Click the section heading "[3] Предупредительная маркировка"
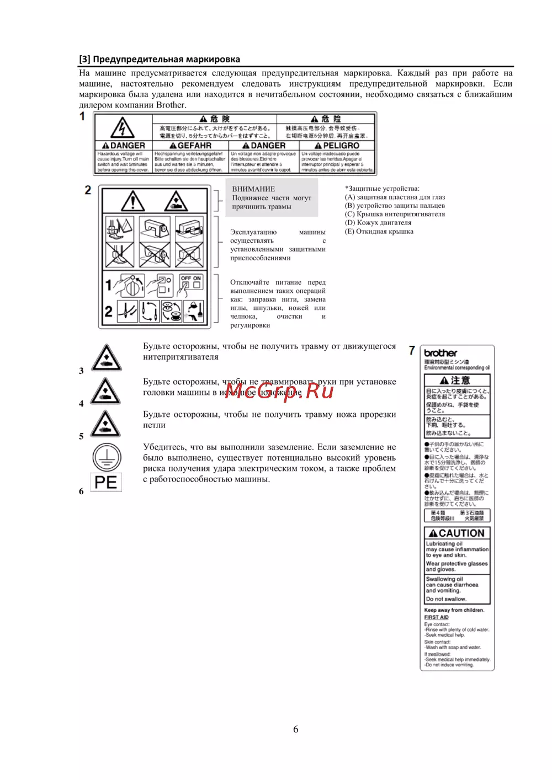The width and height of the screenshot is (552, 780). pos(160,60)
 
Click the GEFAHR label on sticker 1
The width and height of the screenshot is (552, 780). pos(190,146)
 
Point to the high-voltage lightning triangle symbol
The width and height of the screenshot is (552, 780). pos(122,128)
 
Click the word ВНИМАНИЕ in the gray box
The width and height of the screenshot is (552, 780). pos(253,189)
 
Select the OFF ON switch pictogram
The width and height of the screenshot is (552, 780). pos(191,282)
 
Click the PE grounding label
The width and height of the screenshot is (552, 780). pos(106,482)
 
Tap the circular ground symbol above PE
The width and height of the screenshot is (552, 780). pos(106,457)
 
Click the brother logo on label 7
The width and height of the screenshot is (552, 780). pos(440,353)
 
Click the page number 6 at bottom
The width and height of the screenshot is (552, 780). pos(295,729)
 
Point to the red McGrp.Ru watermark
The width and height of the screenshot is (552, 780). pos(279,391)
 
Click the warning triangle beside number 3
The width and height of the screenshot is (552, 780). pos(105,358)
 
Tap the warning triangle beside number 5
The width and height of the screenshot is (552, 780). pos(105,424)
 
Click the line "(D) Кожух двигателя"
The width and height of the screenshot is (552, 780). pos(378,223)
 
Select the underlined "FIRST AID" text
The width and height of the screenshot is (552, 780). pos(436,617)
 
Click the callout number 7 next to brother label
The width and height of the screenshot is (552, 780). pos(412,350)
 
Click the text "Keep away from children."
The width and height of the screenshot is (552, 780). pos(454,610)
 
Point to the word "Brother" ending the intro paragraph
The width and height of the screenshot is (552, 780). pos(171,105)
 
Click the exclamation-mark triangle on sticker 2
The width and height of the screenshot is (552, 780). pos(132,201)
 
